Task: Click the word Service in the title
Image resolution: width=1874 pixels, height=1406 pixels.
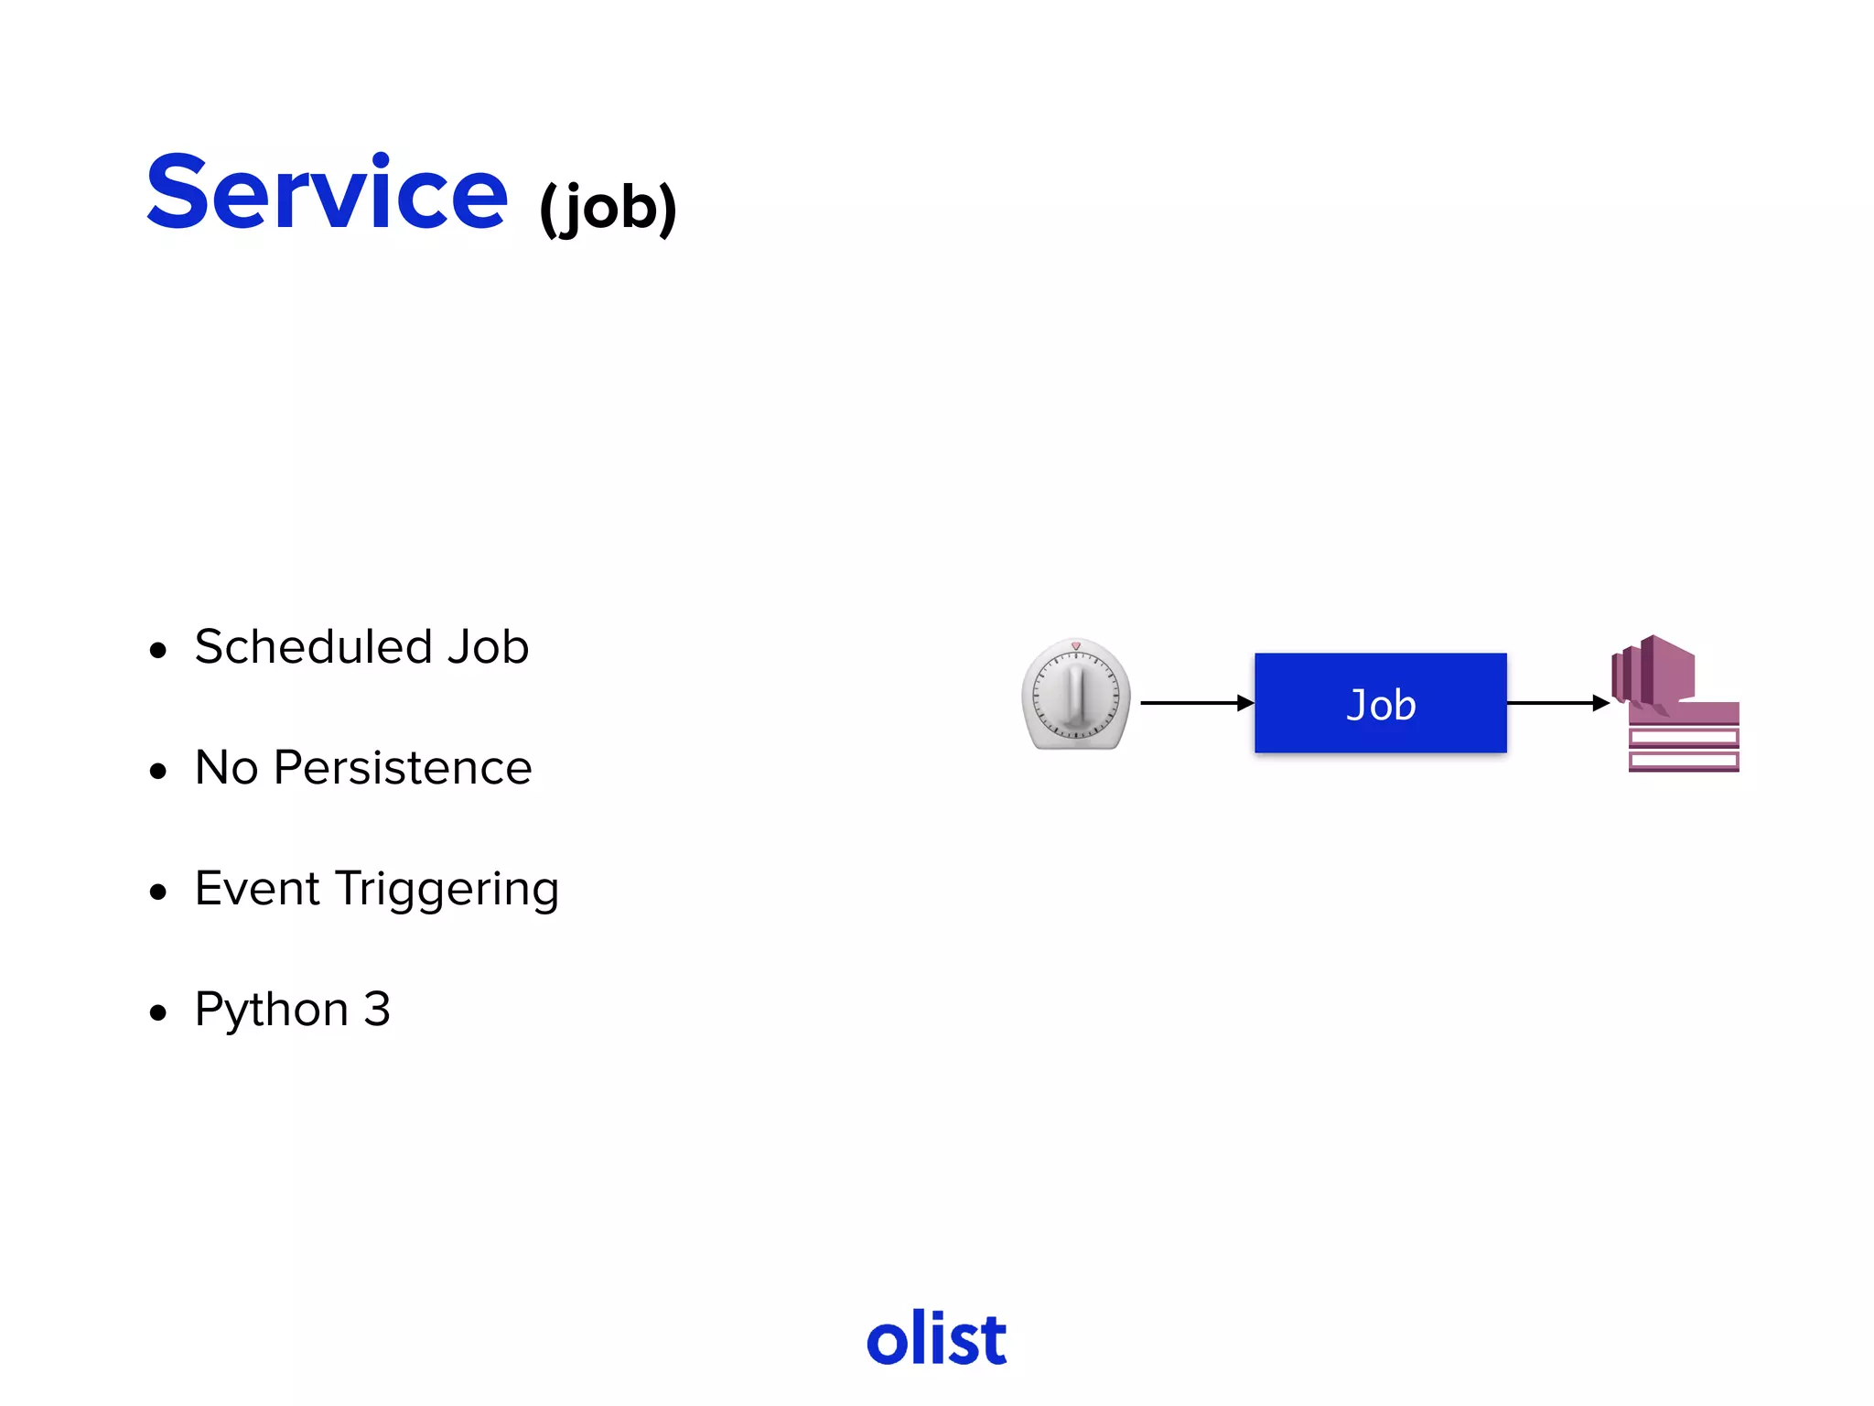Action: pos(327,193)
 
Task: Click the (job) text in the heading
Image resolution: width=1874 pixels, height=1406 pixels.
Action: pos(608,208)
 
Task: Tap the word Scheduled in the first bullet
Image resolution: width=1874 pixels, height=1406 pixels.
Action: pos(312,647)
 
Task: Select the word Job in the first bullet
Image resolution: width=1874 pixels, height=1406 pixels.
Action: pos(488,647)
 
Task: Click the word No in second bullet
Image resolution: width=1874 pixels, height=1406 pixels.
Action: pos(226,768)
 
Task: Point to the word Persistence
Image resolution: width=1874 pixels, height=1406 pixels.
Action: pos(403,768)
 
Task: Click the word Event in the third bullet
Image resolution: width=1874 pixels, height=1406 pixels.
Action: pos(257,889)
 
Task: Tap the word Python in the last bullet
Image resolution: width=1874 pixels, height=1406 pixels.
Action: pos(272,1011)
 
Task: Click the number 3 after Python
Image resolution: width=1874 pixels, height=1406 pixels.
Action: pos(377,1010)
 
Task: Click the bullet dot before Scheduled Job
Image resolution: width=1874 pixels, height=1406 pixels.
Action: pos(158,651)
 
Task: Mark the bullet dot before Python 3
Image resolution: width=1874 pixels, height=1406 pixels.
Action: pos(158,1013)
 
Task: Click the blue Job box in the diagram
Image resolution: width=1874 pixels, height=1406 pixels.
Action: pos(1380,703)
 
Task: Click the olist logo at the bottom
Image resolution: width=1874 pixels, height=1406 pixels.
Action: pos(936,1339)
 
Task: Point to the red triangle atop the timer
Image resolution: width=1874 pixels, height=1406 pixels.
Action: pos(1076,646)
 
